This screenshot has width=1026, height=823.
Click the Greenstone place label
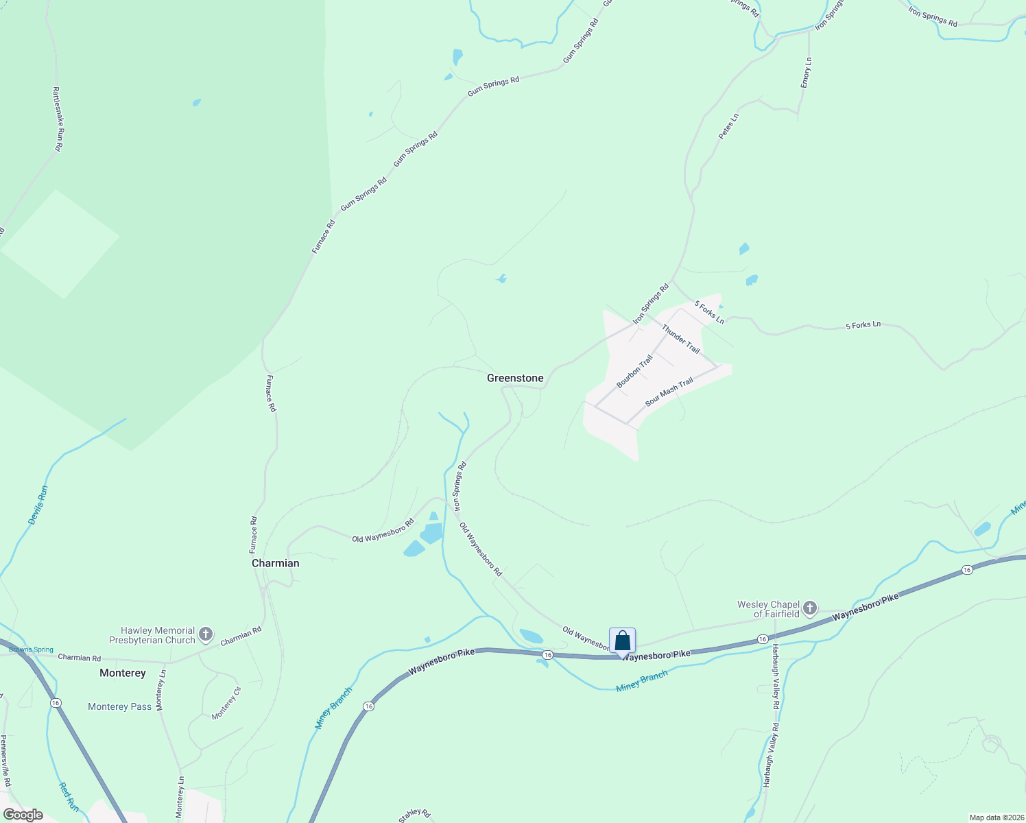pos(515,378)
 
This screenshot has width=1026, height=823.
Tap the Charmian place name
pos(275,563)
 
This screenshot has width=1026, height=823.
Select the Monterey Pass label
pos(119,706)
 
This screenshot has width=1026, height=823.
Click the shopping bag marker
pos(622,641)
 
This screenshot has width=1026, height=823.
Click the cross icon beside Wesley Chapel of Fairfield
pos(810,608)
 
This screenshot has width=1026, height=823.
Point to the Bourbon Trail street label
pos(634,371)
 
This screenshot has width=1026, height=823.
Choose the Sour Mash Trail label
pos(669,392)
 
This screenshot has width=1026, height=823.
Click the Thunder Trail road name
pos(681,339)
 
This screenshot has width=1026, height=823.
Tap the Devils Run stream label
pos(39,505)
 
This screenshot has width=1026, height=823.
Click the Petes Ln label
pos(728,127)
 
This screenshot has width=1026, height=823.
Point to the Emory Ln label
pos(807,72)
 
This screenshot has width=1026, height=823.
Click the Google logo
pos(23,815)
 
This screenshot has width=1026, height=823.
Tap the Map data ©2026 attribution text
pos(995,818)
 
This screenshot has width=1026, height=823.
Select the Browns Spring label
pos(31,649)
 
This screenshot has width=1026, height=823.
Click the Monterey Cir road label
pos(226,703)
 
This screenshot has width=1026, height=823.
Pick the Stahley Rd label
pos(414,815)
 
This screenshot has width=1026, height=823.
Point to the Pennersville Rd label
pos(6,761)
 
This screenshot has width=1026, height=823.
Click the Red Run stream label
pos(69,797)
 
